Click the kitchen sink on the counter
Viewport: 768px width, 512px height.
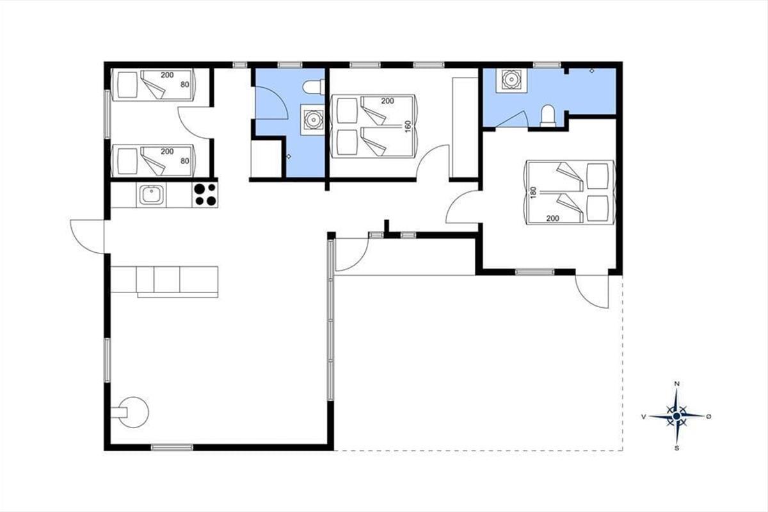(151, 195)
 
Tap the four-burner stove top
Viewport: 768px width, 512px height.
(205, 195)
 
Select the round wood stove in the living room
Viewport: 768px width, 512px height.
(132, 412)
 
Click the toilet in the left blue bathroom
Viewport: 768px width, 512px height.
(314, 87)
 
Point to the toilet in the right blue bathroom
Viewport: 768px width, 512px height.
(548, 116)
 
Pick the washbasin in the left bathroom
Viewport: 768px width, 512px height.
(312, 119)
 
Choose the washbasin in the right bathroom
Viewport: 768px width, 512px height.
(511, 80)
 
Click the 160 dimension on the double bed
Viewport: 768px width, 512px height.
(408, 127)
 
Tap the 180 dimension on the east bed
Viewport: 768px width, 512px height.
(532, 193)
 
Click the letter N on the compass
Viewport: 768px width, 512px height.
(677, 384)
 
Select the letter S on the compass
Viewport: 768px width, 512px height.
(677, 448)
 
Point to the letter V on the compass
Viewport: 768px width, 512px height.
(644, 417)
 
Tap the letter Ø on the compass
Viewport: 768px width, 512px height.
(708, 417)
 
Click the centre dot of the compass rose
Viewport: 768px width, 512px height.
(677, 416)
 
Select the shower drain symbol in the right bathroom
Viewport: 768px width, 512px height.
(592, 71)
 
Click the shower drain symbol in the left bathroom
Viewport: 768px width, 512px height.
(289, 156)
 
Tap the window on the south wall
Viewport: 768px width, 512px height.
(172, 447)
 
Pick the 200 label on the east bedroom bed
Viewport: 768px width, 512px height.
(553, 218)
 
